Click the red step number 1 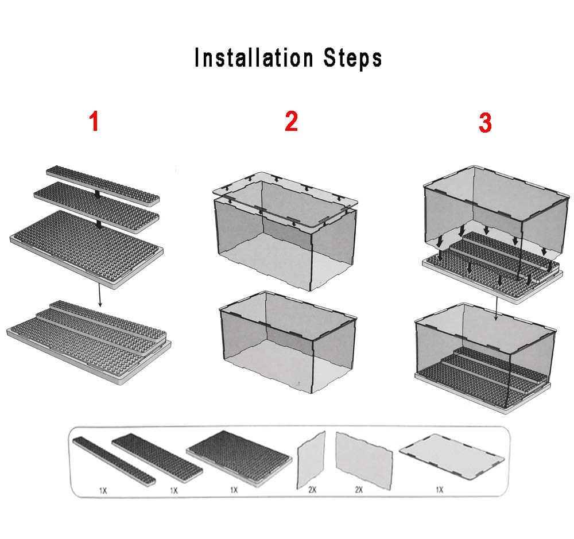(x=95, y=121)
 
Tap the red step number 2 (x=292, y=121)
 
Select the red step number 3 (x=485, y=123)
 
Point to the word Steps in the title (x=352, y=59)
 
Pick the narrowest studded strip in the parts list (x=114, y=460)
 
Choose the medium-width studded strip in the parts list (x=157, y=457)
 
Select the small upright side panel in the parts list (x=311, y=460)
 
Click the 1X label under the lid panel (x=440, y=490)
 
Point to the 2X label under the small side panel (x=312, y=490)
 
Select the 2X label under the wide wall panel (x=359, y=490)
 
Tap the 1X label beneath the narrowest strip (x=103, y=491)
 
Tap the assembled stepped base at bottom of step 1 (x=89, y=342)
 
